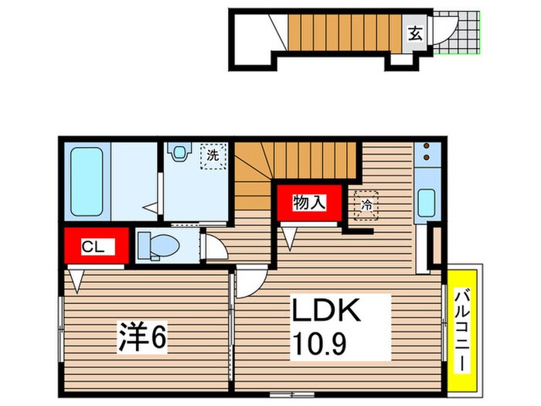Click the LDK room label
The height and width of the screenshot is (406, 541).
326,309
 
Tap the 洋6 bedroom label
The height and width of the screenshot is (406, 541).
143,336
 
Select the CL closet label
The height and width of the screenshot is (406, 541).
93,247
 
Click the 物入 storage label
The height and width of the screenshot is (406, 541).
309,202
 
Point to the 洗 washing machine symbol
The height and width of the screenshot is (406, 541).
213,156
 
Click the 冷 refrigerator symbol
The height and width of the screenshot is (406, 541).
366,205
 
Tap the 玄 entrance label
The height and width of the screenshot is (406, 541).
416,33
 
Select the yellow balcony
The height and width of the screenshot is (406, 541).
462,331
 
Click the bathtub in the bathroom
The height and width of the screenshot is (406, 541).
87,182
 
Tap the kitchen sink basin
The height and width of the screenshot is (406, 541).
427,203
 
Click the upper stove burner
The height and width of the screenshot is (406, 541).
427,146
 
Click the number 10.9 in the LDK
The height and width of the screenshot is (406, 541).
318,343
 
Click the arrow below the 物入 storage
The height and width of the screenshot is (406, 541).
289,238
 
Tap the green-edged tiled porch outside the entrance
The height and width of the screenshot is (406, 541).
457,33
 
